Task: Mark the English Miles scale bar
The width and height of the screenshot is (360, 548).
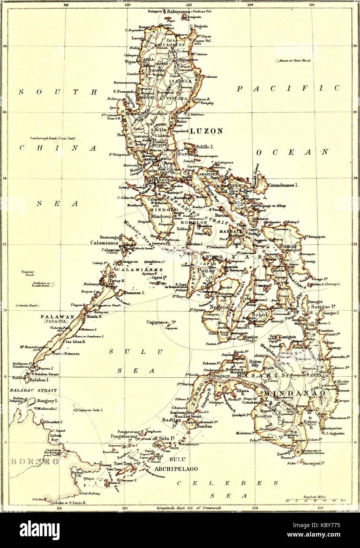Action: tap(315, 500)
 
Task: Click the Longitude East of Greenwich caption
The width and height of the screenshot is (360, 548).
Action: tap(190, 509)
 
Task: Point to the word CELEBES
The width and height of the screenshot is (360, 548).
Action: tap(228, 483)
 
